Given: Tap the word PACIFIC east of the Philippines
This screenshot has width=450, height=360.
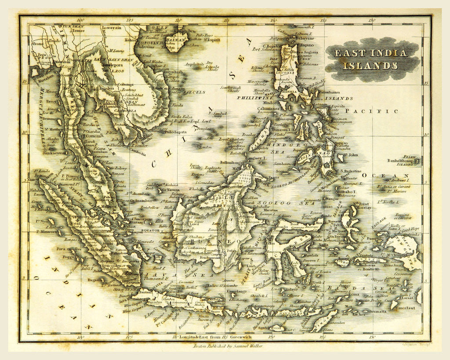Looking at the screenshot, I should (372, 112).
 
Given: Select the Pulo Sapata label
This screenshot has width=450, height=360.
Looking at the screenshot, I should (163, 132).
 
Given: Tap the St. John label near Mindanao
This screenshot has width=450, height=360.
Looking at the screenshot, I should (350, 155).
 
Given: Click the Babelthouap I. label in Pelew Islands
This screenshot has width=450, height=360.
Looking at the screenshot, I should (401, 161).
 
